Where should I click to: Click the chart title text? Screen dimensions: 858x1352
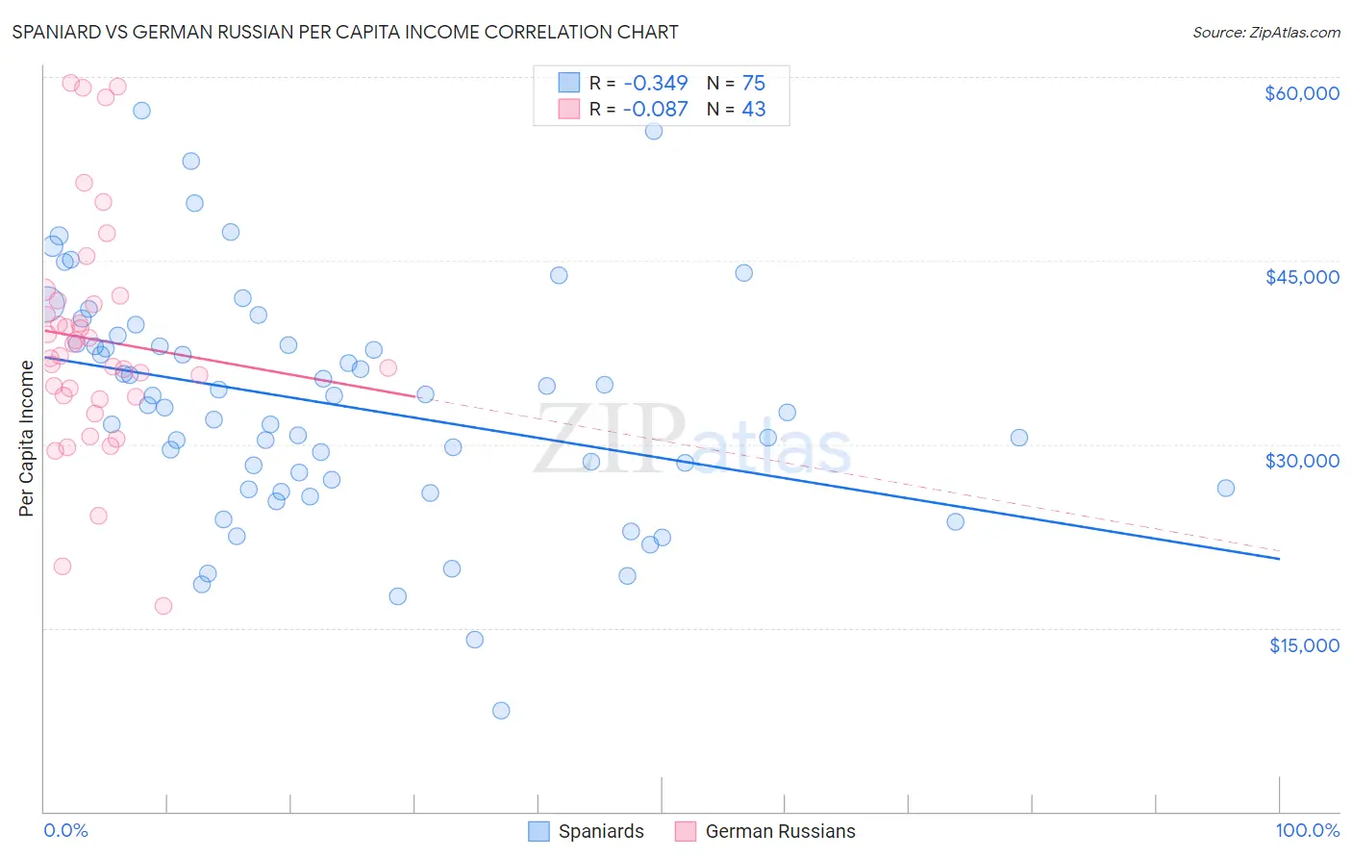tap(345, 32)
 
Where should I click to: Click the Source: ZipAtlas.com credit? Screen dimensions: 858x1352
tap(1265, 32)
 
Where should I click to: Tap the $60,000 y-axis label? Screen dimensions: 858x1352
tap(1301, 93)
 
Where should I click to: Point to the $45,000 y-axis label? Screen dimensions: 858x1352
tap(1301, 277)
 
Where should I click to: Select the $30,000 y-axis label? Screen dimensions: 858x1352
tap(1301, 461)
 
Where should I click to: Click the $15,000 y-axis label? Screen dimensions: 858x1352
tap(1303, 645)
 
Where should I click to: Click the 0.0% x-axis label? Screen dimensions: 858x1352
tap(65, 830)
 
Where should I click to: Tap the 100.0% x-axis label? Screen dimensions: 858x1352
tap(1307, 830)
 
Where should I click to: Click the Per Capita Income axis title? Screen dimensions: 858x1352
tap(27, 438)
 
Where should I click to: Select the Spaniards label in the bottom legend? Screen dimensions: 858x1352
tap(601, 831)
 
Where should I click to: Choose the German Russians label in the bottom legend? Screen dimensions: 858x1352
tap(780, 831)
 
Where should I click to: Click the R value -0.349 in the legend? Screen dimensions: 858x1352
tap(655, 83)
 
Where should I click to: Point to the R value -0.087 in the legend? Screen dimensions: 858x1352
tap(655, 109)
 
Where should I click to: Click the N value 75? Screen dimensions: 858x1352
tap(753, 83)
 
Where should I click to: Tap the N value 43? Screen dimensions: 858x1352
tap(753, 109)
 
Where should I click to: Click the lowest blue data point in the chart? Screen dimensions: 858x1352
tap(501, 711)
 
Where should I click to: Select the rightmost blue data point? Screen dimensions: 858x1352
tap(1226, 488)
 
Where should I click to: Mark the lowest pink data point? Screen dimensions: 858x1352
tap(163, 606)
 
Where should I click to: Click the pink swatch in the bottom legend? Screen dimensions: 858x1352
tap(685, 831)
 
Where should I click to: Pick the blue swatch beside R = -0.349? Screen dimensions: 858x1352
tap(569, 83)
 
